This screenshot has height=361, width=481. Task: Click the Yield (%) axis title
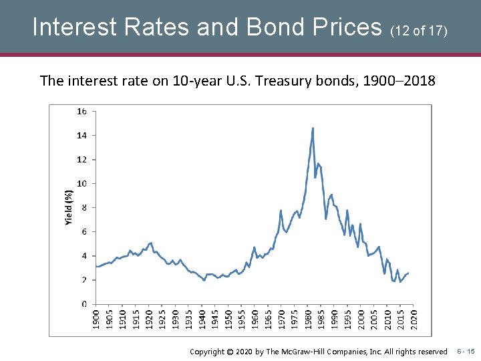coord(68,207)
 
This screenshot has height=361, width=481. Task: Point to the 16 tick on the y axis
coord(82,111)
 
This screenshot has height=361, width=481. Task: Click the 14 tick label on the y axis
coord(82,135)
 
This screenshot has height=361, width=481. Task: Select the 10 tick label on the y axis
coord(82,183)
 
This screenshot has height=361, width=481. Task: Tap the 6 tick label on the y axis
coord(84,231)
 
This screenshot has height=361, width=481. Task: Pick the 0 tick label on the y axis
coord(84,304)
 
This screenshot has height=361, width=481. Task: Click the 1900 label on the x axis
coord(96,318)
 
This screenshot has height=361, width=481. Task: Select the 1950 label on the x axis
coord(228,318)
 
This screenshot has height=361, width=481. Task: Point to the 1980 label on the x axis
coord(307,318)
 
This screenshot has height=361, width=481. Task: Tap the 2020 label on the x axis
coord(413,318)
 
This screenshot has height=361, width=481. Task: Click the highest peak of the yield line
coord(313,128)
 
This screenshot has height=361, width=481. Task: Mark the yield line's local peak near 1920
coord(151,243)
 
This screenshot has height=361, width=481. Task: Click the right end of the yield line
coord(408,273)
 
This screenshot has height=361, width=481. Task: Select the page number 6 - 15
coord(465,351)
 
